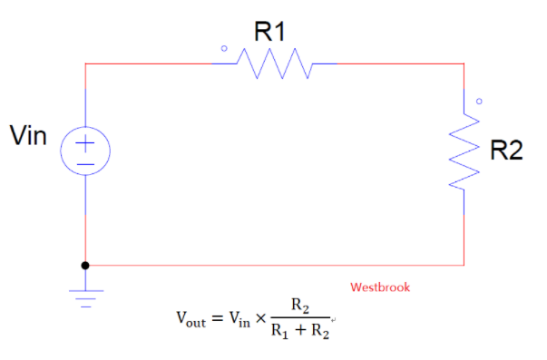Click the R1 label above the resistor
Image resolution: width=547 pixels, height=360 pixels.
(269, 33)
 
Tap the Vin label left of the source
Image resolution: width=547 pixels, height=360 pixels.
(28, 137)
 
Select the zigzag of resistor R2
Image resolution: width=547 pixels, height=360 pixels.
(464, 151)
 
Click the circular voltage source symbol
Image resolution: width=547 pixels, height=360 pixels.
(85, 150)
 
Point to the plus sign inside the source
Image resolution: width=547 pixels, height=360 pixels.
(85, 141)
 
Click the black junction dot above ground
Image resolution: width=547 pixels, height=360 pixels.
(85, 266)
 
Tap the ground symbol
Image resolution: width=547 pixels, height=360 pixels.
(85, 297)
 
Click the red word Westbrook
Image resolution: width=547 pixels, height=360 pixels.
(380, 287)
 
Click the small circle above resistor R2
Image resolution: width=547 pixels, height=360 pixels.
(479, 101)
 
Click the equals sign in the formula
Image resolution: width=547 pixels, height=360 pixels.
(218, 318)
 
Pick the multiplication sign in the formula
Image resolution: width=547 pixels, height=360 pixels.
(259, 318)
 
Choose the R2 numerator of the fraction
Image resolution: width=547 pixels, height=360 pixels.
(300, 306)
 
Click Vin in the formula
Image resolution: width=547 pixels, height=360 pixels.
(239, 318)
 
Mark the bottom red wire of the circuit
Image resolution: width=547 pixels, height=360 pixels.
(272, 266)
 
